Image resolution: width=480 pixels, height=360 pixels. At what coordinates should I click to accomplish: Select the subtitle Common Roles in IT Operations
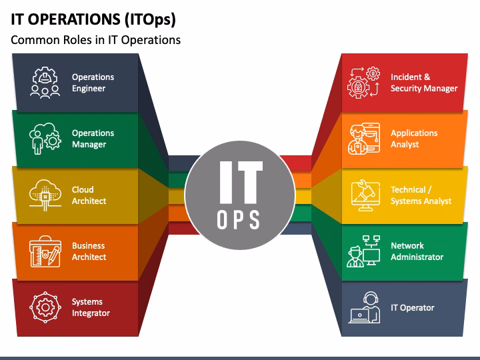[95, 40]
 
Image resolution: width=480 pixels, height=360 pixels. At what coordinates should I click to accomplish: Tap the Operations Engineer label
[93, 83]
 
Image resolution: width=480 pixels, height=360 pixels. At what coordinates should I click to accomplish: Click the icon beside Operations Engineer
[45, 83]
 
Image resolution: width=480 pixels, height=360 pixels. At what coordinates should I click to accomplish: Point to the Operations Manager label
[93, 139]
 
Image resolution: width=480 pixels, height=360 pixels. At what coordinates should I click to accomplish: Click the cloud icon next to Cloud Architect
[45, 195]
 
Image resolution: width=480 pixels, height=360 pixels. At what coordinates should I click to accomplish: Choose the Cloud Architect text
[89, 195]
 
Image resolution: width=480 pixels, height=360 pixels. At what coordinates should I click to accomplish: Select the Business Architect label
[89, 251]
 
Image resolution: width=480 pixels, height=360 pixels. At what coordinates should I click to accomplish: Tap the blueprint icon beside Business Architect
[45, 251]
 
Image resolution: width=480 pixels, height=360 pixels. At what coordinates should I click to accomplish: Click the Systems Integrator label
[91, 307]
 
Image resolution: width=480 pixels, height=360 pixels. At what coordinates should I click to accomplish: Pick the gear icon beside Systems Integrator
[45, 307]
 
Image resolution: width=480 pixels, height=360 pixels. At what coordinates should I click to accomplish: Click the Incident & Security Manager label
[423, 83]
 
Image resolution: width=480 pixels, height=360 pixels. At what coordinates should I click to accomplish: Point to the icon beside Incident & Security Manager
[363, 83]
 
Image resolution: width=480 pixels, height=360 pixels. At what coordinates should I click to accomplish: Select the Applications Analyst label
[414, 139]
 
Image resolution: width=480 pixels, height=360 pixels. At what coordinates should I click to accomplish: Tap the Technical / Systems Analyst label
[421, 195]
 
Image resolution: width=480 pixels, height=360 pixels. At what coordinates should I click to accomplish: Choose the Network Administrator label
[417, 251]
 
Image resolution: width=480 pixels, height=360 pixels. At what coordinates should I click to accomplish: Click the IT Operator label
[412, 307]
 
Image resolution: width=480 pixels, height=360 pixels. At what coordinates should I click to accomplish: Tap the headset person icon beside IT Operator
[364, 307]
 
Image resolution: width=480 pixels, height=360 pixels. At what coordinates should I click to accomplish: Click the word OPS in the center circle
[239, 219]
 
